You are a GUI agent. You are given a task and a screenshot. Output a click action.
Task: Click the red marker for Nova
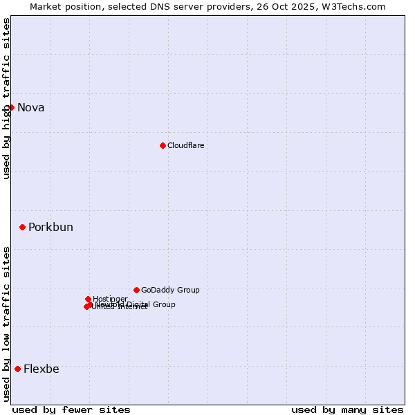11,107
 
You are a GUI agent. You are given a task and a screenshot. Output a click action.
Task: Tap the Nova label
31,107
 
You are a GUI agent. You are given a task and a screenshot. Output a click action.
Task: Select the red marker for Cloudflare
163,145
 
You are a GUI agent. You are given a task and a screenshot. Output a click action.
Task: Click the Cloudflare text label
185,145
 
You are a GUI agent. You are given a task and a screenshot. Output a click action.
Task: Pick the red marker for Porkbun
22,227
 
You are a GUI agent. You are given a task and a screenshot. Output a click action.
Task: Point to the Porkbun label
50,228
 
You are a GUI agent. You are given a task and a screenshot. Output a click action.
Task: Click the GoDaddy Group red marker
136,290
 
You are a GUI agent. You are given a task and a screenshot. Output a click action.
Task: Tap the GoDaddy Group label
170,290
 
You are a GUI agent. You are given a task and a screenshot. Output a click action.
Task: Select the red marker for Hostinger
88,299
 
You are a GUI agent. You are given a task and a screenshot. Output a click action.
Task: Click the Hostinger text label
110,299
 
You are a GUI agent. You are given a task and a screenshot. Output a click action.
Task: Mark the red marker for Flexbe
17,369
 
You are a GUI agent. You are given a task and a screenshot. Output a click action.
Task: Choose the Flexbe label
41,369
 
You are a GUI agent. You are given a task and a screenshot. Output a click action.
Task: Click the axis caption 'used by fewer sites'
71,409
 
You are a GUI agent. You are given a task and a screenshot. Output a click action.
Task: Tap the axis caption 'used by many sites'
347,409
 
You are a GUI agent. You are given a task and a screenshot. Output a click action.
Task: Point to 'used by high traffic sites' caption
7,98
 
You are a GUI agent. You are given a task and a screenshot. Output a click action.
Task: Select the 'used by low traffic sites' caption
7,324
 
